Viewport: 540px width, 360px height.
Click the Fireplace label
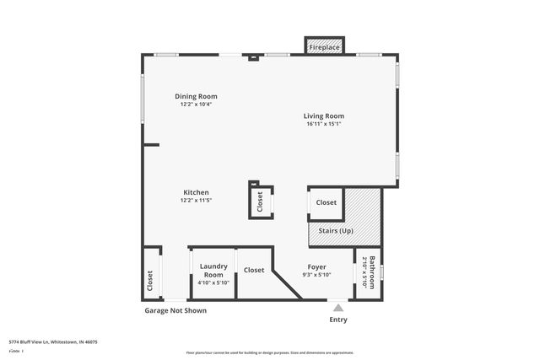point(323,47)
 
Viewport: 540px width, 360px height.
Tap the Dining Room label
point(196,96)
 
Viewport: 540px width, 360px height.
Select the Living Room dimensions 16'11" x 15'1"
point(324,124)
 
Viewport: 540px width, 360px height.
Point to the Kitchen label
point(196,192)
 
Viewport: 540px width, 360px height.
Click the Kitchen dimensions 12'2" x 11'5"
point(196,201)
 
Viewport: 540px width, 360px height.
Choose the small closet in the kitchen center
point(260,201)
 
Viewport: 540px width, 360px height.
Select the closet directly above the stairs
point(327,202)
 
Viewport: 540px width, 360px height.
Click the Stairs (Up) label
point(336,230)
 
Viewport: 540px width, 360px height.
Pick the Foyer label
point(316,266)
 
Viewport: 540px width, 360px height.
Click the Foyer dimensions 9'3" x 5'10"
point(316,275)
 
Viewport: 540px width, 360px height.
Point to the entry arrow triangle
point(337,308)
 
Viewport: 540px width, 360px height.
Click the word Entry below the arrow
point(337,320)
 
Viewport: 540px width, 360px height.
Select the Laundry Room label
point(213,270)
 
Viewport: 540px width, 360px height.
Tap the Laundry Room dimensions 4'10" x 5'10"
point(213,282)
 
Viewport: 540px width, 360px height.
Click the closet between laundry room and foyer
point(254,271)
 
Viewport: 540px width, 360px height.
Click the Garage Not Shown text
point(175,311)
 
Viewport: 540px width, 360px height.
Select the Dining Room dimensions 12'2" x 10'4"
point(196,105)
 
